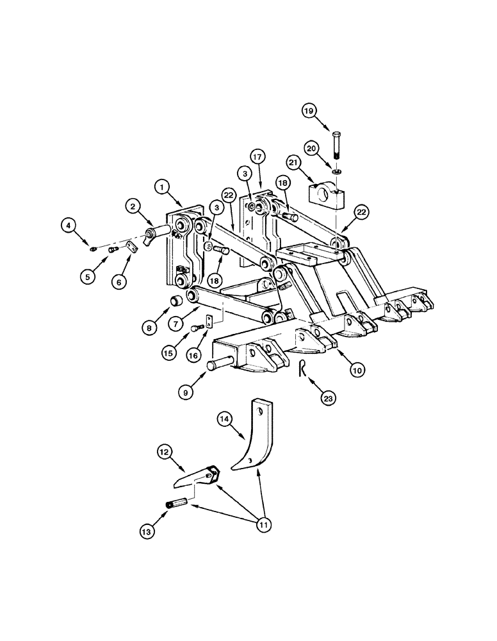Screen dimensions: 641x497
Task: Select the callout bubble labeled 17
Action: (257, 156)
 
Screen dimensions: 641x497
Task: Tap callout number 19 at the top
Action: (309, 112)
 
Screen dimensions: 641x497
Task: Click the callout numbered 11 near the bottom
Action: (263, 525)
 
